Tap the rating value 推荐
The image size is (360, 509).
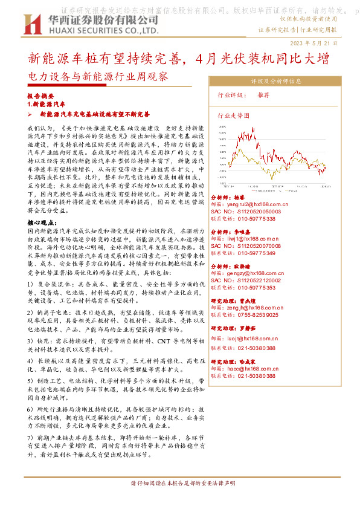pos(263,96)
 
